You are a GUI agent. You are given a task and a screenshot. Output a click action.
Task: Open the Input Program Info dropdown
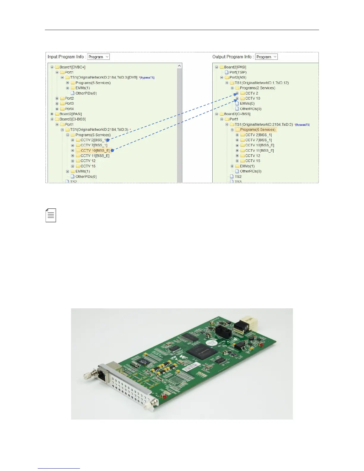coord(98,57)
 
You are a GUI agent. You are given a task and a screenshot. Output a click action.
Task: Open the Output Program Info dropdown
coord(266,57)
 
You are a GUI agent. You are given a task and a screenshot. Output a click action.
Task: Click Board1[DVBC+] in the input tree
coord(72,67)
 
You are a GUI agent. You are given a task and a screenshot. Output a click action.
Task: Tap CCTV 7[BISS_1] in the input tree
coord(94,145)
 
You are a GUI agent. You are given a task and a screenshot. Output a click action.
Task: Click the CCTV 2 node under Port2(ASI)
coord(252,93)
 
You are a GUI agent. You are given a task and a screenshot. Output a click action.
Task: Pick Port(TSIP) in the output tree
coord(238,72)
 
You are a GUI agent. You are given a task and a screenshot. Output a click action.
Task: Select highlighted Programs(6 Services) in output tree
coord(258,130)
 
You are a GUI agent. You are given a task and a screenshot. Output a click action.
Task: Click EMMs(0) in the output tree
coord(247,103)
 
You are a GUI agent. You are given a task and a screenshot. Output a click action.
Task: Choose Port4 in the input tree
coord(69,109)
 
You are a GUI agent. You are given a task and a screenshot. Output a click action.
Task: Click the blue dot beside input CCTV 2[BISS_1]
coord(108,140)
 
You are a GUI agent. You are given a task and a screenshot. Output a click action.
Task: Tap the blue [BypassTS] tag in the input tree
coord(148,78)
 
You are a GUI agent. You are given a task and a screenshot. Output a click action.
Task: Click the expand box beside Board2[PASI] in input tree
coord(52,114)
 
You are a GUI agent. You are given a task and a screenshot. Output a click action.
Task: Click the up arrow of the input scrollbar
coord(179,66)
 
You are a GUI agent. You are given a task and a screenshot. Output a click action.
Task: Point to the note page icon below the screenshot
coord(51,215)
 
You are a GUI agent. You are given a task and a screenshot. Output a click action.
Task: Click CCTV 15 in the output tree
coord(252,161)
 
